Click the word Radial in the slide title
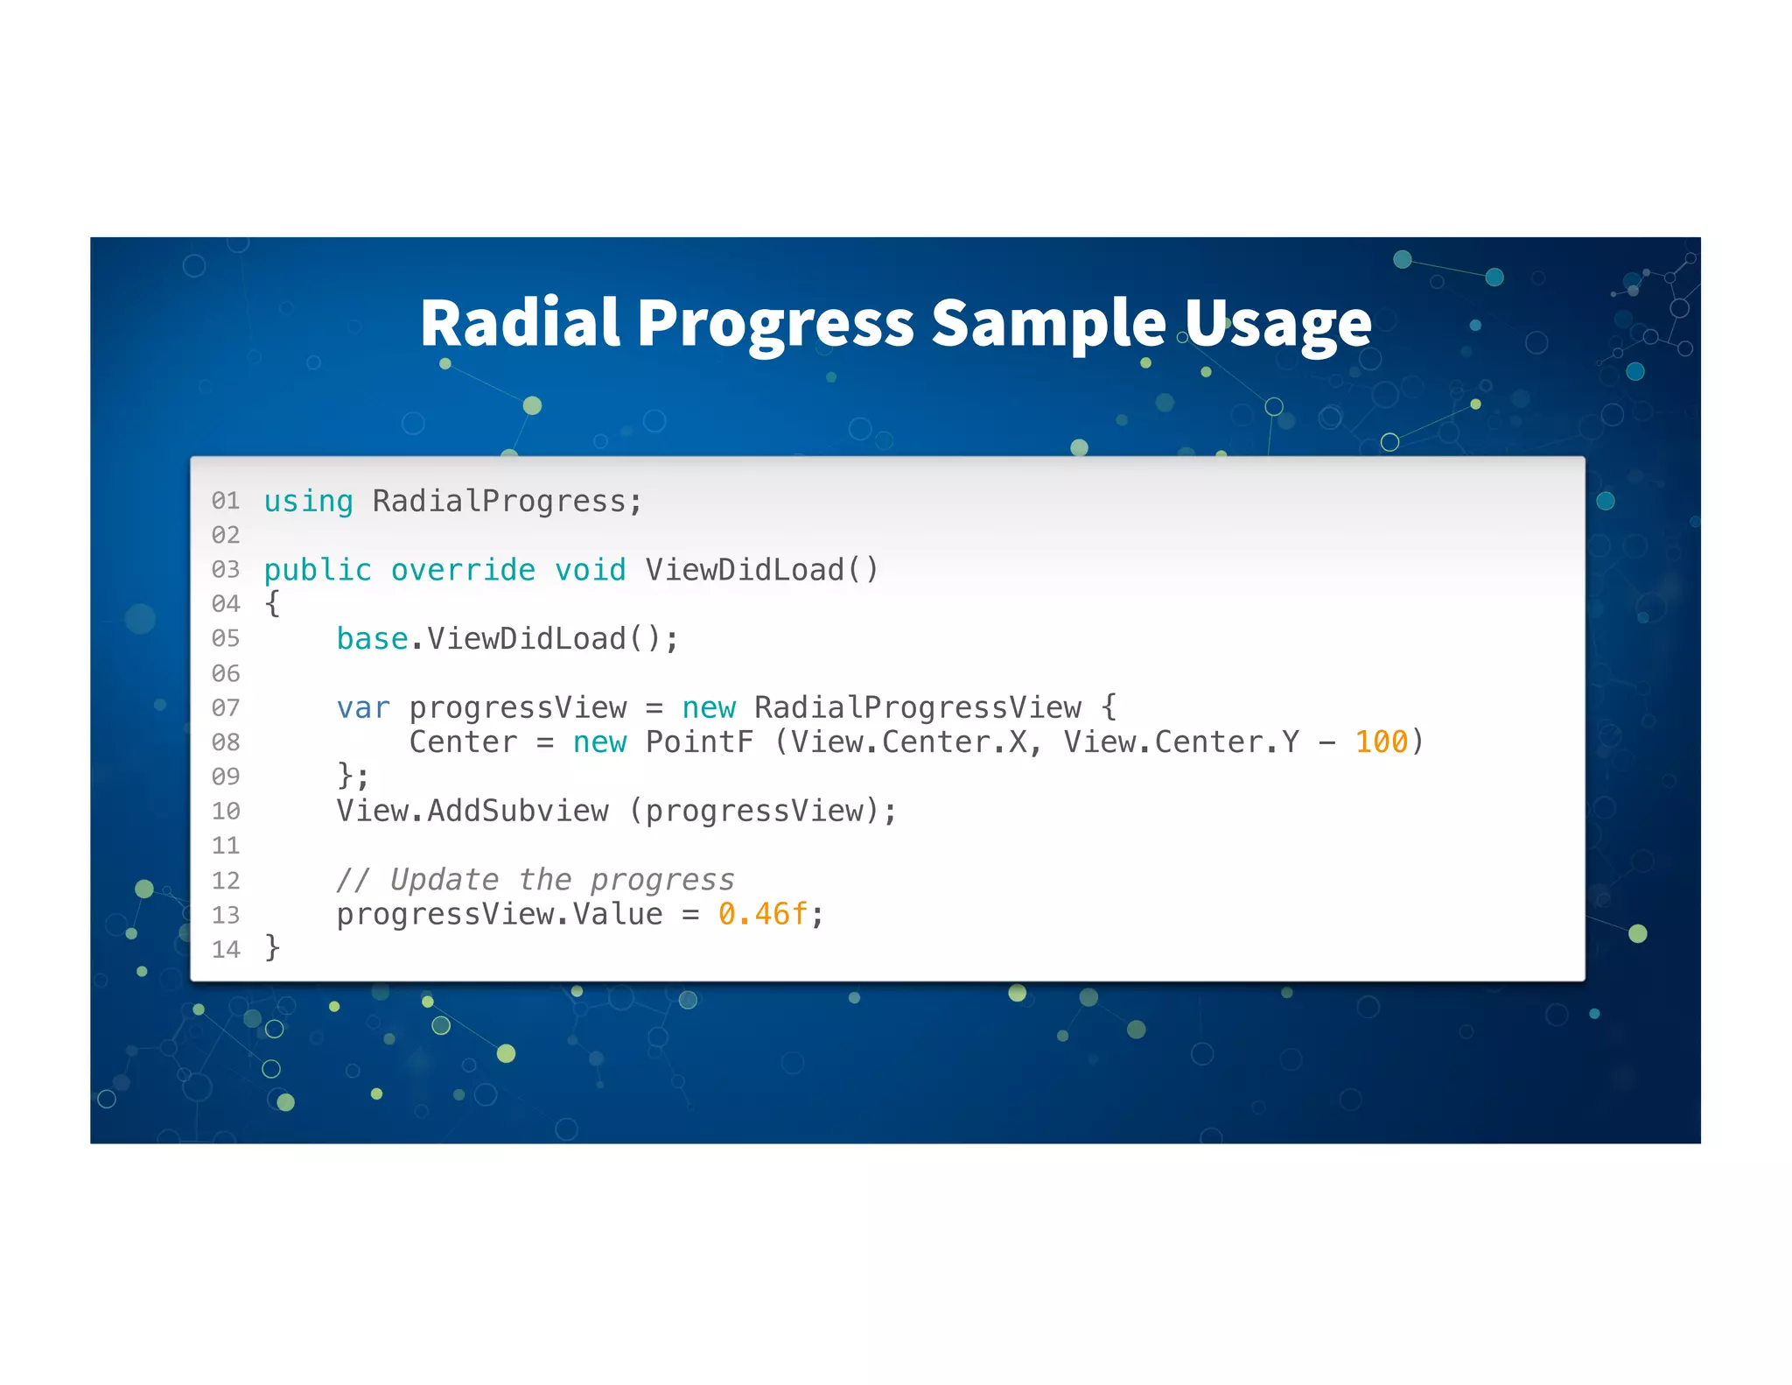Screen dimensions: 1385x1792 tap(520, 323)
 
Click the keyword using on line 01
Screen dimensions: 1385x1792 tap(308, 502)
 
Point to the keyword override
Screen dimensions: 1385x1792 tap(463, 570)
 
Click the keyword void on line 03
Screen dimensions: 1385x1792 tap(591, 570)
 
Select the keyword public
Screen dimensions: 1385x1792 tap(318, 570)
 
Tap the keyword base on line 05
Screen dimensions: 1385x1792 tap(373, 639)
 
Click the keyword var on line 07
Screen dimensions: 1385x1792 tap(363, 707)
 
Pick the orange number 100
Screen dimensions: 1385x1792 tap(1381, 742)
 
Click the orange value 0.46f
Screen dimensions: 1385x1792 tap(763, 914)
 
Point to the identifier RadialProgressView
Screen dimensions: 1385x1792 tap(918, 707)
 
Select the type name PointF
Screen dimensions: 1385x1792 tap(699, 742)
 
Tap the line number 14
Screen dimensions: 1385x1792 tap(226, 950)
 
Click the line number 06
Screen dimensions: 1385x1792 tap(226, 674)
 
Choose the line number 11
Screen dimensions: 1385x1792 tap(226, 847)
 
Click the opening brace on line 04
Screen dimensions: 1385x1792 tap(273, 603)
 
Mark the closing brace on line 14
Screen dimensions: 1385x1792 tap(273, 948)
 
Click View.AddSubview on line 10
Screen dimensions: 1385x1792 tap(472, 812)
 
